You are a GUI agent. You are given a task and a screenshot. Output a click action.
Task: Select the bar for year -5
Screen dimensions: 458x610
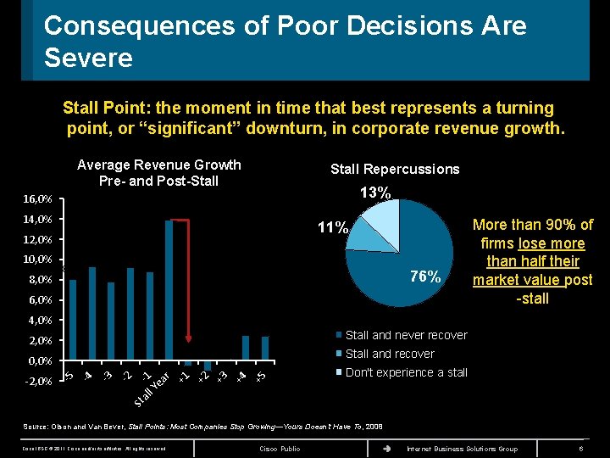click(73, 319)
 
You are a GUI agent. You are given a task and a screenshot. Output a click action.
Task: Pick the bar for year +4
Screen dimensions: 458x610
click(246, 348)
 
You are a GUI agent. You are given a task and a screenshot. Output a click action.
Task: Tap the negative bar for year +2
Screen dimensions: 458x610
click(208, 366)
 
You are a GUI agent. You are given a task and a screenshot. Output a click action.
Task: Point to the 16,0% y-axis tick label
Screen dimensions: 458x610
click(38, 199)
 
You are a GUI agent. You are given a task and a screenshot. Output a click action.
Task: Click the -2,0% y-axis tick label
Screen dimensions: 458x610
click(38, 381)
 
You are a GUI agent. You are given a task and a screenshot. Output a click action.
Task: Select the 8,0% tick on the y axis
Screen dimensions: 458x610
click(38, 280)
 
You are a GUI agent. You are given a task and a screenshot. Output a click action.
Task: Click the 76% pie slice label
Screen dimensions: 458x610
click(424, 276)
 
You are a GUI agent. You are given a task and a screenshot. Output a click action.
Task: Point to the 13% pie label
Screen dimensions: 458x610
click(374, 193)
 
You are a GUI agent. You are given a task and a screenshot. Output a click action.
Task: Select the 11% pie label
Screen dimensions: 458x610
click(332, 227)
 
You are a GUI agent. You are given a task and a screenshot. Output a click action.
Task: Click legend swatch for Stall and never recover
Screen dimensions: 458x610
click(338, 335)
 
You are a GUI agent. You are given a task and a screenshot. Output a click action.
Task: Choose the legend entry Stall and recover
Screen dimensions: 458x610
click(389, 354)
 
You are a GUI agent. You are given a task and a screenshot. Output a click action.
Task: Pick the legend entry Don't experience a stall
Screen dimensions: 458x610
click(406, 372)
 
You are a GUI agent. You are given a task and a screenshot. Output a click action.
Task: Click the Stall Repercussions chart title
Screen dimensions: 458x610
click(395, 169)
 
